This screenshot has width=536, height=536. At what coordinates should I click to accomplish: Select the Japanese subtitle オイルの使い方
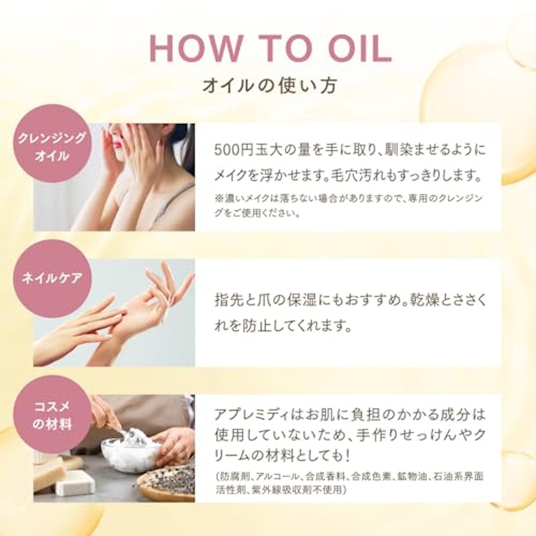coord(270,86)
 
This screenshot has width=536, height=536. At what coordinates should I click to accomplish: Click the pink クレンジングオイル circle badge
coord(52,143)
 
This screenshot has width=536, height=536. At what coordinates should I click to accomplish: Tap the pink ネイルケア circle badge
coord(52,279)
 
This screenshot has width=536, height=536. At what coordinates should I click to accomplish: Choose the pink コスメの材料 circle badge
coord(52,414)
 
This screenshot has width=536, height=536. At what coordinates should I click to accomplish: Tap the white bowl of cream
coord(131,448)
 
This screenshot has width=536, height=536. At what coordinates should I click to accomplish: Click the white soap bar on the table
coord(76,482)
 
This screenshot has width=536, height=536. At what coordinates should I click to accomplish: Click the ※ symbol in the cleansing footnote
coord(218,198)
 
